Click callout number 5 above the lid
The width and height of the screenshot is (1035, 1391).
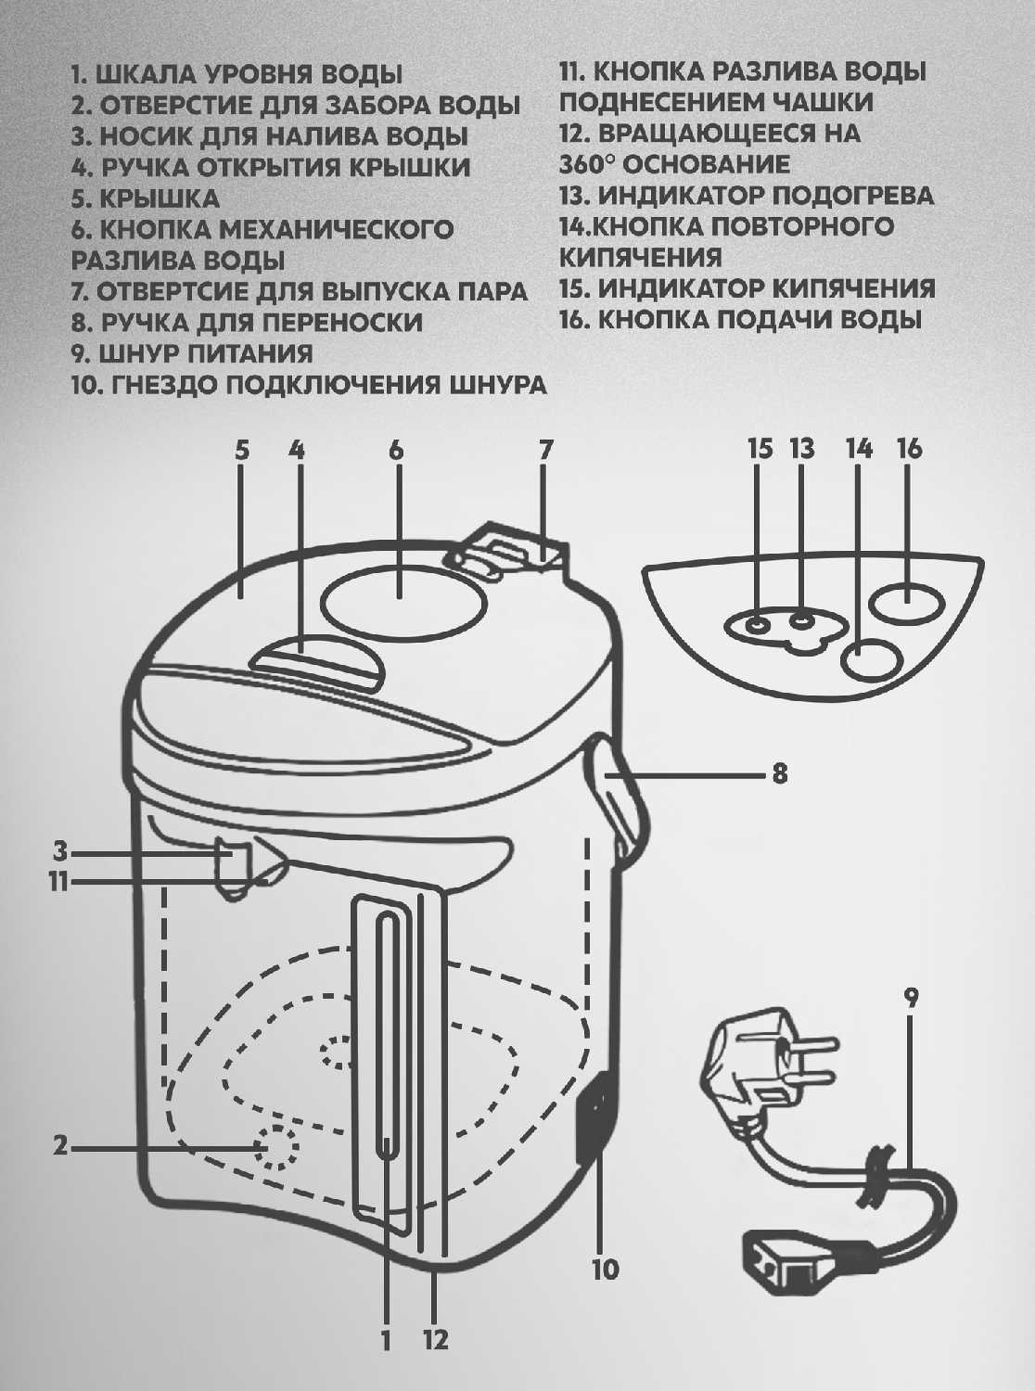pos(241,451)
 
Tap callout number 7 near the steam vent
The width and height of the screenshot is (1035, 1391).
pos(545,451)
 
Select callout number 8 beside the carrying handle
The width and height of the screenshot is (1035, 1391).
pos(780,772)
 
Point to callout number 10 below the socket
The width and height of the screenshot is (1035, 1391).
pos(605,1269)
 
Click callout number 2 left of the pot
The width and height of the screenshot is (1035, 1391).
pos(60,1146)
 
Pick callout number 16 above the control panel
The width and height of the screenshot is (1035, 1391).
pos(910,449)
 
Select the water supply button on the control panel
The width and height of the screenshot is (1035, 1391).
pos(905,603)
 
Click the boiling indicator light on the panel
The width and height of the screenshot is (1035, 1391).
pos(758,624)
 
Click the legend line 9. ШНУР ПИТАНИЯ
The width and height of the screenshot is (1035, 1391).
pos(192,353)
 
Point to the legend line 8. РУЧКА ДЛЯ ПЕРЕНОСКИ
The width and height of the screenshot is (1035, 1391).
pos(247,323)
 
